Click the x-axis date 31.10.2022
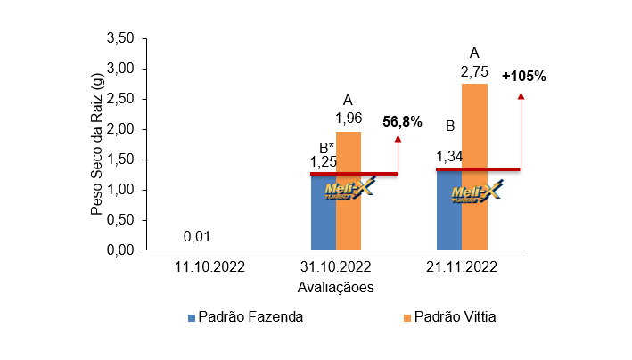pos(335,266)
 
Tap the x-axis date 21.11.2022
pos(462,266)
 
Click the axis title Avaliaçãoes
pos(334,287)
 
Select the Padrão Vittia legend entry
pos(451,317)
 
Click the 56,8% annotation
pos(402,122)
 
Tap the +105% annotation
pos(523,76)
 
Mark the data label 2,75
pos(474,70)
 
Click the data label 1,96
pos(349,118)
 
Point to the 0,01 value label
pos(197,236)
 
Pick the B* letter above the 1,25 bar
pos(326,147)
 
